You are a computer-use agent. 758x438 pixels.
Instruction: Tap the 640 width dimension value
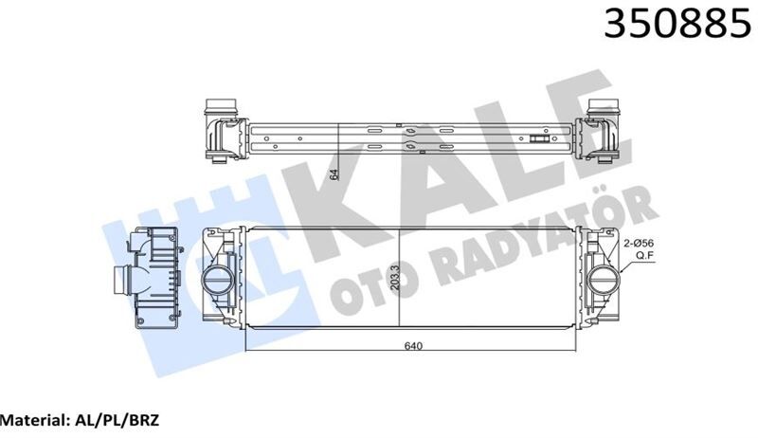[x=413, y=345]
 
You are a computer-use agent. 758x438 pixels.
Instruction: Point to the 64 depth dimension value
[x=334, y=173]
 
